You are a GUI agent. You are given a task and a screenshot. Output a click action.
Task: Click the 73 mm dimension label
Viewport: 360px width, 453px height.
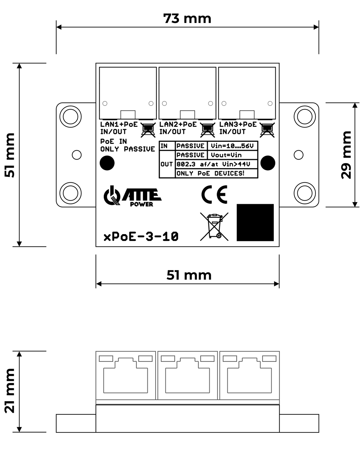click(187, 19)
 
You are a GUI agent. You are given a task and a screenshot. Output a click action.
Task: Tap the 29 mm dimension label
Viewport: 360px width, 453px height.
click(346, 155)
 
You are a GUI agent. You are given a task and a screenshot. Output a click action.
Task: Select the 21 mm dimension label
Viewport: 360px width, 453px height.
click(10, 391)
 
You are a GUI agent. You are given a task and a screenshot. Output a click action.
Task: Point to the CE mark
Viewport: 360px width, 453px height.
click(214, 195)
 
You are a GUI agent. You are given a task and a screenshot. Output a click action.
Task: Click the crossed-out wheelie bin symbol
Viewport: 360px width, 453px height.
click(214, 227)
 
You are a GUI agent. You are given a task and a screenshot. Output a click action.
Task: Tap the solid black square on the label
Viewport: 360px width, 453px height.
click(255, 223)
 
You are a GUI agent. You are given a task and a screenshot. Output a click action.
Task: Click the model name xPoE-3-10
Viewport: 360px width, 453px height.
click(141, 237)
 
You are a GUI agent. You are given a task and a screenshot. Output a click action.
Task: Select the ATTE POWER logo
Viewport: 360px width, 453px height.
click(132, 196)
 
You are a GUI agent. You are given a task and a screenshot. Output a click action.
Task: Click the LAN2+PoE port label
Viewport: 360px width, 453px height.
click(178, 125)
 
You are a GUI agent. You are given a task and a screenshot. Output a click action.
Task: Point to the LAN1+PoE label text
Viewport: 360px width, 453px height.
click(119, 125)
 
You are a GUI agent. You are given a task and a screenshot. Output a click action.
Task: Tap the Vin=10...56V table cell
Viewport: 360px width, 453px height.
click(232, 146)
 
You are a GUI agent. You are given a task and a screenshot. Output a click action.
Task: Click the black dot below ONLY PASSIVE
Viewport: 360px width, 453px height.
click(107, 163)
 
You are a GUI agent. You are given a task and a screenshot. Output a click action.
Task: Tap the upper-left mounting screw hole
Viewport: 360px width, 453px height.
click(70, 116)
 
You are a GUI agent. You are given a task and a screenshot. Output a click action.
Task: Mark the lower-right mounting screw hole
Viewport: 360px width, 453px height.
click(305, 193)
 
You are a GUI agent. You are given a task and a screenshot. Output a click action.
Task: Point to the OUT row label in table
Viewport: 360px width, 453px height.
click(167, 164)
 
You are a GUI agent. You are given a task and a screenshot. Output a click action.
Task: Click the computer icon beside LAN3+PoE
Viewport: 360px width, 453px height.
click(267, 130)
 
